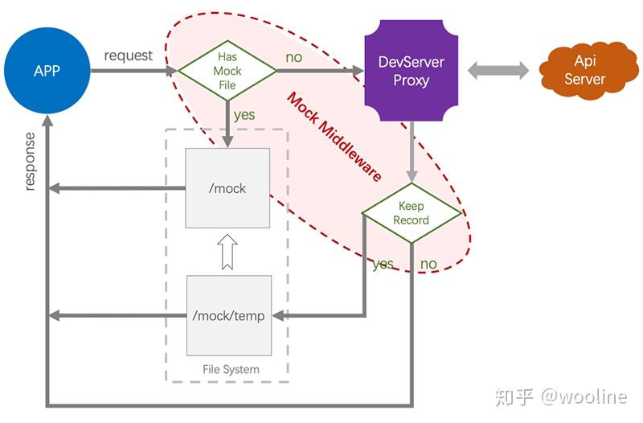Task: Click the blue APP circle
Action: coord(47,71)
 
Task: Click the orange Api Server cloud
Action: coord(584,70)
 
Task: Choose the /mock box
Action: coord(227,188)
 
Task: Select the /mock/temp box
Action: coord(228,315)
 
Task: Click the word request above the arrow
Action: coord(128,55)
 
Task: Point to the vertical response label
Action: coord(30,161)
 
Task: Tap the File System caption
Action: coord(231,369)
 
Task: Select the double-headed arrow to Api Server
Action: coord(498,71)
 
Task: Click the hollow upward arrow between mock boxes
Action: coord(227,253)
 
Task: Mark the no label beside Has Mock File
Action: coord(293,58)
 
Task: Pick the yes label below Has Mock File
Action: coord(244,115)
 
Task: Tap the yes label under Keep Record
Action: coord(383,264)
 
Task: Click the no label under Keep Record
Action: coord(428,264)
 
